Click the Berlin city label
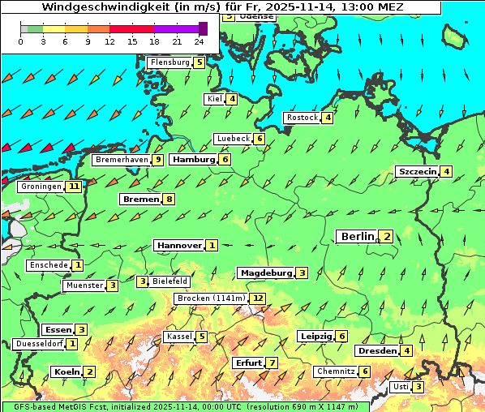[x=356, y=236]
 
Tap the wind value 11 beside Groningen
[x=75, y=187]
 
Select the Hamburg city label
[x=194, y=160]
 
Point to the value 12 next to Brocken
[x=258, y=298]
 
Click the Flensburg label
[x=170, y=62]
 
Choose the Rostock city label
[x=302, y=118]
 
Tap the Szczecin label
[x=417, y=171]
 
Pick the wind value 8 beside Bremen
[x=169, y=200]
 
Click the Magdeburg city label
[x=265, y=273]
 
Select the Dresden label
[x=376, y=350]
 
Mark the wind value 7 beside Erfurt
[x=273, y=363]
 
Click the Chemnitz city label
[x=335, y=371]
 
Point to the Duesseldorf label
[x=39, y=344]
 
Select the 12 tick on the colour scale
[x=109, y=41]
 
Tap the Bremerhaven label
[x=122, y=160]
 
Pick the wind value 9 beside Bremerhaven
[x=158, y=160]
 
